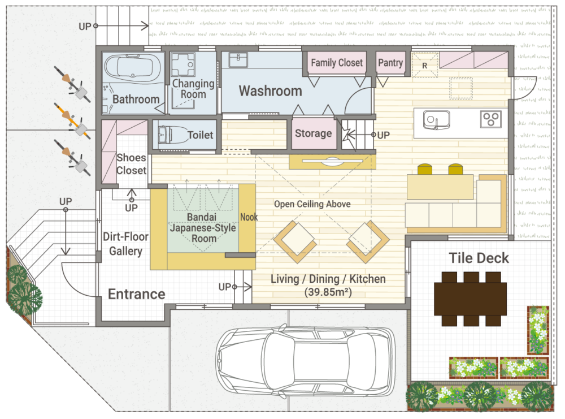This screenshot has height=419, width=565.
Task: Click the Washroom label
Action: pyautogui.click(x=270, y=91)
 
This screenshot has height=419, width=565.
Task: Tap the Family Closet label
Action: pyautogui.click(x=337, y=63)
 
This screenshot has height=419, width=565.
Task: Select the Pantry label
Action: pyautogui.click(x=390, y=63)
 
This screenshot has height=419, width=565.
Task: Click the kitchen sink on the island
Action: pyautogui.click(x=436, y=119)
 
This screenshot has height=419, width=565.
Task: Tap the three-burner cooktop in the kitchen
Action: pyautogui.click(x=491, y=119)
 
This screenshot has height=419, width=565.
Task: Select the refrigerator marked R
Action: pyautogui.click(x=425, y=65)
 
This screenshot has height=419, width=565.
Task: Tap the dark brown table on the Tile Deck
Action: pyautogui.click(x=471, y=299)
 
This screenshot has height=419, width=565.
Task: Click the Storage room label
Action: pyautogui.click(x=313, y=133)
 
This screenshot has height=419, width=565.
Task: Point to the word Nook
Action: pyautogui.click(x=249, y=217)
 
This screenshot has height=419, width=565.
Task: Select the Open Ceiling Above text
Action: pyautogui.click(x=312, y=204)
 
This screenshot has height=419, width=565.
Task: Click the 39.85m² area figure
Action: pyautogui.click(x=328, y=292)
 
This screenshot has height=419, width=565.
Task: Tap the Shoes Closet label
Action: pyautogui.click(x=131, y=164)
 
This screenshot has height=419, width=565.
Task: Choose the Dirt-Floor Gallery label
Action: pyautogui.click(x=126, y=244)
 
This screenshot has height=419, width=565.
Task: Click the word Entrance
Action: pyautogui.click(x=137, y=294)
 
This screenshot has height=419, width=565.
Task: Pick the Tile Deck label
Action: pyautogui.click(x=479, y=258)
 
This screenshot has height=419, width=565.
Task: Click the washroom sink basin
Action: pyautogui.click(x=238, y=59)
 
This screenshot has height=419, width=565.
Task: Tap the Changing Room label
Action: pyautogui.click(x=193, y=89)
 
